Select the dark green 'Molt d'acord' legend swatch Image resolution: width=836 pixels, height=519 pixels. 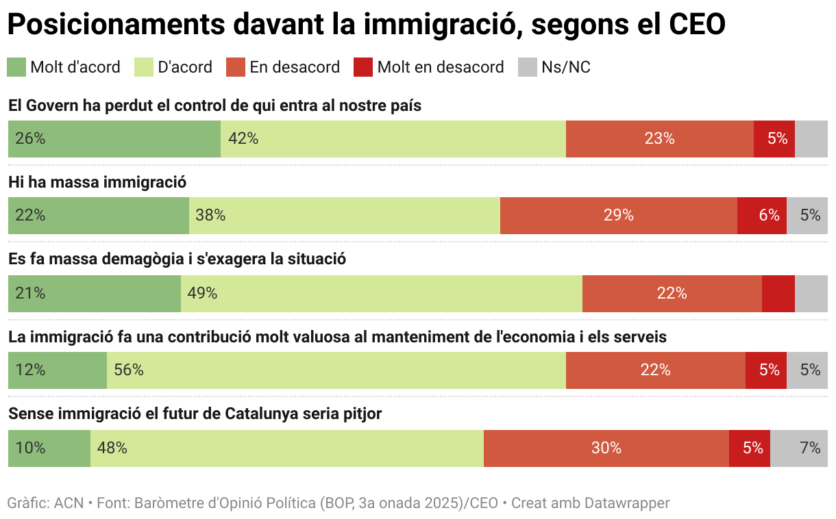(x=16, y=67)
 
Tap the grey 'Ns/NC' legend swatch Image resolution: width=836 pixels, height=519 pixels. (x=527, y=67)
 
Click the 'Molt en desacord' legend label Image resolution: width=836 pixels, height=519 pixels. (x=440, y=67)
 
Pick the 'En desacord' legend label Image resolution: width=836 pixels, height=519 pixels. (x=295, y=67)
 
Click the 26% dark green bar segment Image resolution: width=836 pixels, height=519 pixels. (x=114, y=139)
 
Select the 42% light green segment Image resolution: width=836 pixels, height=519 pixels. (x=393, y=139)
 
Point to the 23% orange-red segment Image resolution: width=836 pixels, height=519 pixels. (x=659, y=139)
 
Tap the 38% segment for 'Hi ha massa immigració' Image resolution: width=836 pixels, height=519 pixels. (x=344, y=216)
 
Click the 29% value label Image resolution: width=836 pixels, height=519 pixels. (x=618, y=216)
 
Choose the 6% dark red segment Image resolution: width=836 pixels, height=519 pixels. (x=761, y=216)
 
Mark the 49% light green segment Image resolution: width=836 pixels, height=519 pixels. (x=381, y=294)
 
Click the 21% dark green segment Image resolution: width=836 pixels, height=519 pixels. (x=94, y=294)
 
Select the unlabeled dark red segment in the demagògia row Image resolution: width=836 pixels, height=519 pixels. (x=778, y=294)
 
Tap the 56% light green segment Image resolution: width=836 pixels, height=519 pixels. (x=336, y=370)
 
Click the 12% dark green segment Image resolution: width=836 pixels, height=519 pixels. (x=57, y=370)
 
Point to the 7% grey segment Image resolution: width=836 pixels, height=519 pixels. (x=798, y=448)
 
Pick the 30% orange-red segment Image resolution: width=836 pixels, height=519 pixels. (x=606, y=448)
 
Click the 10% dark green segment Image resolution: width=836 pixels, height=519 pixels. (x=49, y=448)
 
